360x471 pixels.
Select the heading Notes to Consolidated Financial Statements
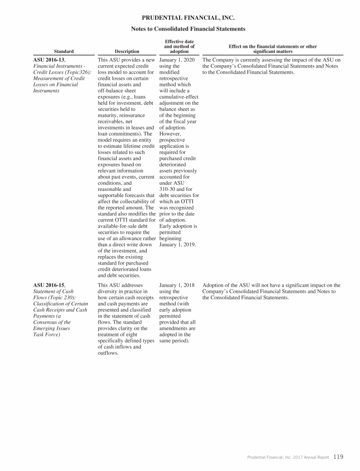pyautogui.click(x=188, y=29)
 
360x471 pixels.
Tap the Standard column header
pyautogui.click(x=63, y=52)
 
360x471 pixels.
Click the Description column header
pyautogui.click(x=127, y=52)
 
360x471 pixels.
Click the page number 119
pyautogui.click(x=339, y=456)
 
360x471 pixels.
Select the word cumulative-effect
pyautogui.click(x=179, y=97)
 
